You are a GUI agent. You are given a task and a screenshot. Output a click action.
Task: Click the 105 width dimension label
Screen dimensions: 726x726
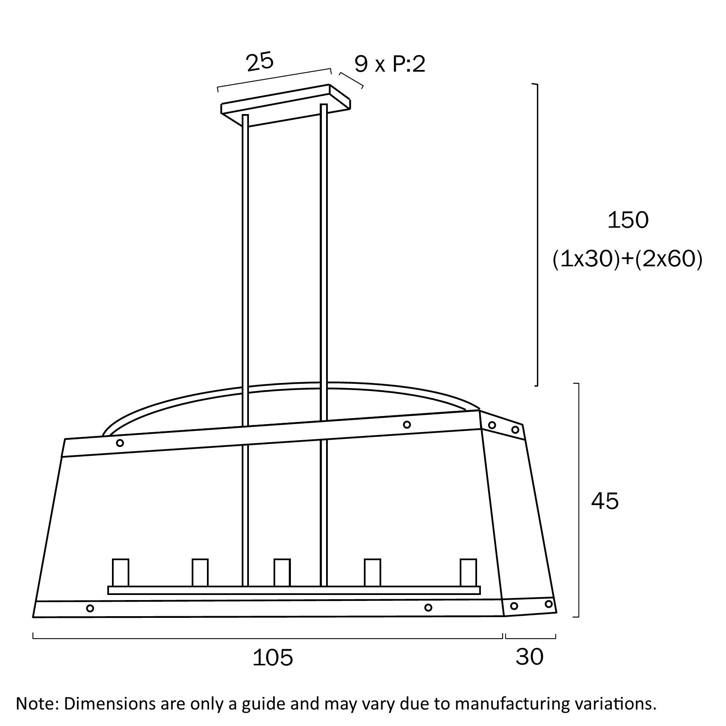[x=273, y=658]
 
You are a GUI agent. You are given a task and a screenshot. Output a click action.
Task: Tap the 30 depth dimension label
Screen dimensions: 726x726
[x=530, y=657]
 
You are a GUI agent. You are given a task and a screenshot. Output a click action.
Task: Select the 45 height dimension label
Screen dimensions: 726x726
[x=605, y=501]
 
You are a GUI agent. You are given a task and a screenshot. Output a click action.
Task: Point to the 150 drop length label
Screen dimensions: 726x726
[x=628, y=220]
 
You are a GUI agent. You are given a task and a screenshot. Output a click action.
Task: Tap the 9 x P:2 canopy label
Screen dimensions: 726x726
[x=390, y=64]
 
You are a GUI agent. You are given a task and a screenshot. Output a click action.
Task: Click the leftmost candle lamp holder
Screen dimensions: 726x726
[x=120, y=572]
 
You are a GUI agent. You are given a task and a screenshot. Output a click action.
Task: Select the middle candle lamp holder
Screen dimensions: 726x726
[x=282, y=572]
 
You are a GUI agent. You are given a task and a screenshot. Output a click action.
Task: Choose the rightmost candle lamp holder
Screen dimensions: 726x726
[x=468, y=572]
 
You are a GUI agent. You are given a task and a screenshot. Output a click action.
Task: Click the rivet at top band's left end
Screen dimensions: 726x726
[x=120, y=443]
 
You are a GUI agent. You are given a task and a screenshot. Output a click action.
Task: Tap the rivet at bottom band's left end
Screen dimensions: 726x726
[x=90, y=609]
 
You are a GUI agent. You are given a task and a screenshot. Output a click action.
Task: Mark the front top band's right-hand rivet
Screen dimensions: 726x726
[x=407, y=424]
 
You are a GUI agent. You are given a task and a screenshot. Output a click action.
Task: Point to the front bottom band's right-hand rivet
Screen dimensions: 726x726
[x=428, y=608]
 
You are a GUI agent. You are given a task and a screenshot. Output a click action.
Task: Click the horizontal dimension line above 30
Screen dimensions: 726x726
[x=531, y=636]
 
